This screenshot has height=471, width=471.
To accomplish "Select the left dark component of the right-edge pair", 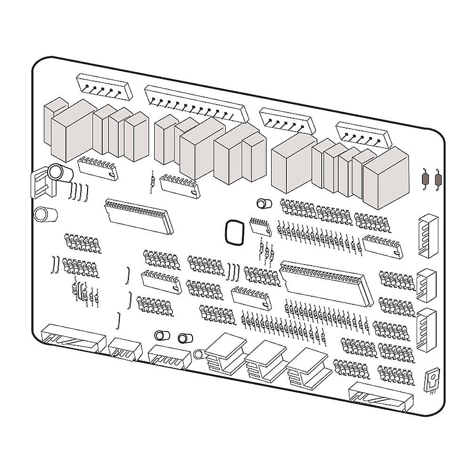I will tap(425, 179).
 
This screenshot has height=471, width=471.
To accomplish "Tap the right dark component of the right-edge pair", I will tap(439, 179).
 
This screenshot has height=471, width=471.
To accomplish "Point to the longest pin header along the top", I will tap(196, 103).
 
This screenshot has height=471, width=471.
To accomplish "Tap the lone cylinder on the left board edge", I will tap(46, 214).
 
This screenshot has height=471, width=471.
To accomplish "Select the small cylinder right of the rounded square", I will tap(264, 204).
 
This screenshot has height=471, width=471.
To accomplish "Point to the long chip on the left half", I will tap(139, 215).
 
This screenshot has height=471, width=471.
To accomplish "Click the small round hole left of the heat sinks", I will tap(198, 352).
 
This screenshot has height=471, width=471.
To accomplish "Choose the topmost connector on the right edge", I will tap(428, 235).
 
